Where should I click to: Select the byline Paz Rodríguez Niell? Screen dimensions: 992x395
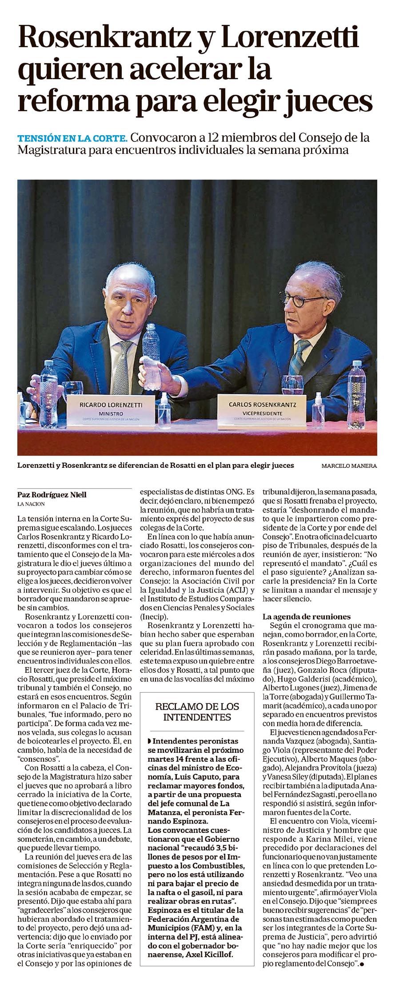(52, 495)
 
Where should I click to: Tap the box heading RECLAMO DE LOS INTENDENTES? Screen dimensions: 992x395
(197, 711)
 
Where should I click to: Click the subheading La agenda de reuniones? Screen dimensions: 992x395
(307, 617)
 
